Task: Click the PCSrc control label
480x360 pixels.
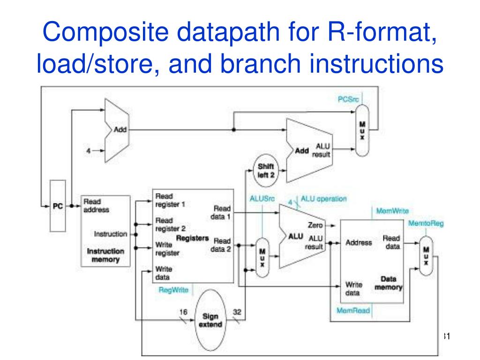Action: tap(348, 99)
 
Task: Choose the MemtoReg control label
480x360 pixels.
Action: tap(426, 224)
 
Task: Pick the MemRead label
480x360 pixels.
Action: tap(353, 310)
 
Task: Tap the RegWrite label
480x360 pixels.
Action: tap(173, 290)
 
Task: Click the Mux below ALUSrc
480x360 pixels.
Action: tap(262, 257)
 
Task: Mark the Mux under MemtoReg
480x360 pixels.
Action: tap(426, 255)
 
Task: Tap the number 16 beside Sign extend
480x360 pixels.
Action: tap(184, 312)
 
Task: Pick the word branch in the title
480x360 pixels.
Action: tap(258, 64)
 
